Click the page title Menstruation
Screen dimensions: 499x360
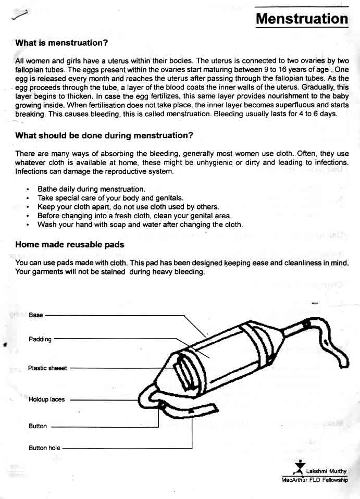pyautogui.click(x=302, y=19)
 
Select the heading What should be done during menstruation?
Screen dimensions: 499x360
pyautogui.click(x=104, y=135)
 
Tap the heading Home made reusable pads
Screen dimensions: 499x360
pyautogui.click(x=70, y=244)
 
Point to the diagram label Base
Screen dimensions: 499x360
pyautogui.click(x=36, y=315)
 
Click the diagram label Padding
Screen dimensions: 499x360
pyautogui.click(x=40, y=339)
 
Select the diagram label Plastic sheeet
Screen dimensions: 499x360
pyautogui.click(x=47, y=368)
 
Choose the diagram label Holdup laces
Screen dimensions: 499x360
pyautogui.click(x=47, y=400)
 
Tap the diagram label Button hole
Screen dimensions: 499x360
pyautogui.click(x=45, y=447)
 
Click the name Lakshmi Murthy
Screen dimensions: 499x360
pyautogui.click(x=326, y=471)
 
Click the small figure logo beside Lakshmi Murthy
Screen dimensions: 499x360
pyautogui.click(x=299, y=466)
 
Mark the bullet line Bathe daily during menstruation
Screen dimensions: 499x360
pyautogui.click(x=91, y=189)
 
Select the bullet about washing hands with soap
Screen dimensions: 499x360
pyautogui.click(x=140, y=224)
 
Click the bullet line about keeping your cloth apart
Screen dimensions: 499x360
pyautogui.click(x=128, y=207)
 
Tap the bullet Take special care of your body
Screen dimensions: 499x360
pyautogui.click(x=110, y=198)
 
